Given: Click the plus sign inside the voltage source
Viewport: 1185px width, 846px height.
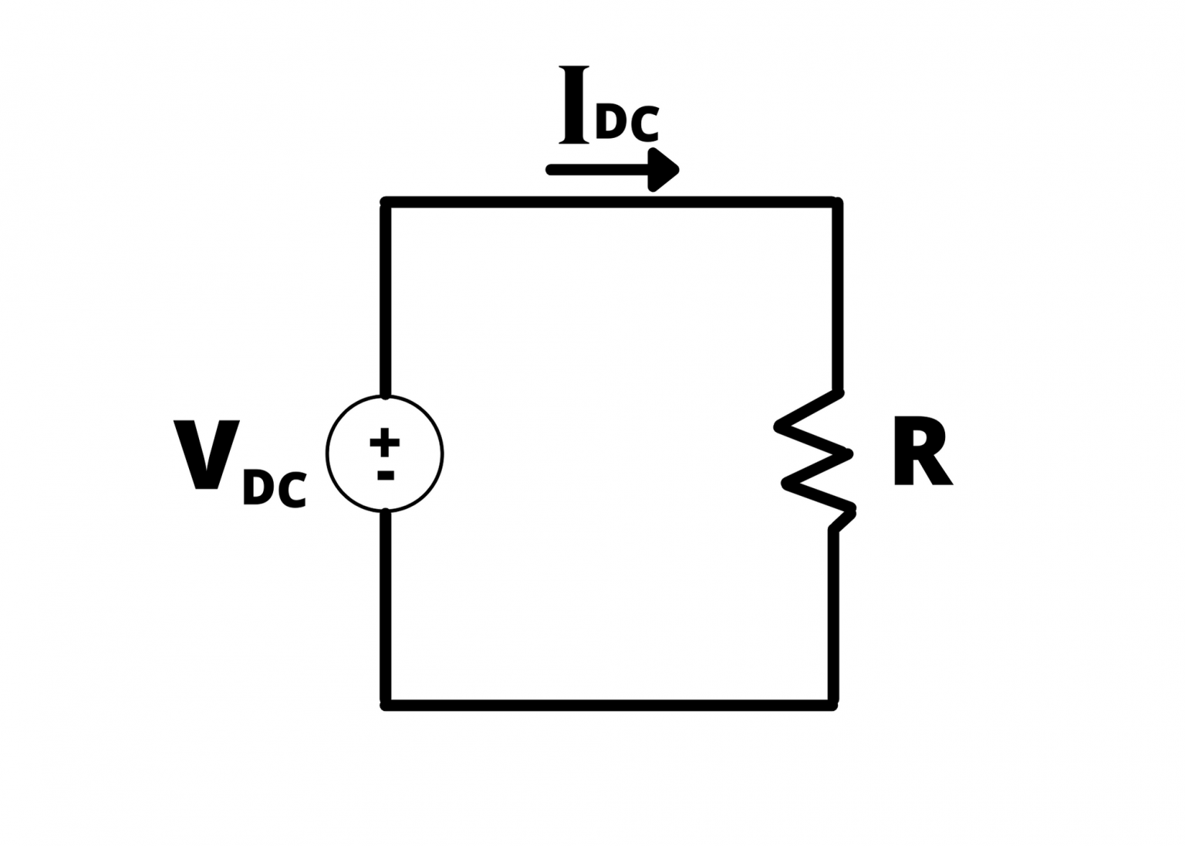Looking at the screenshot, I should [384, 442].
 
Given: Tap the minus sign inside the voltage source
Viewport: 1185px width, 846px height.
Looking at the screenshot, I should [385, 475].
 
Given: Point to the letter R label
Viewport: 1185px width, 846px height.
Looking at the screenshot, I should [922, 451].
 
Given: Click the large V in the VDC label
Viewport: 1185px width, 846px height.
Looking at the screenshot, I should [206, 454].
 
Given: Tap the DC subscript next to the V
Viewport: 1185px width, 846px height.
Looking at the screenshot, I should [275, 488].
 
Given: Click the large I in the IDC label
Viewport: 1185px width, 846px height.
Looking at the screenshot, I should [573, 104].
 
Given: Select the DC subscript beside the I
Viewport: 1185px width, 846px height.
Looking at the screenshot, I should [627, 123].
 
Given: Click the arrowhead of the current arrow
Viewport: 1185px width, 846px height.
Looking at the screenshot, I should [662, 170].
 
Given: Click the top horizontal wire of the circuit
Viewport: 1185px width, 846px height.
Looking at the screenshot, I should [609, 202].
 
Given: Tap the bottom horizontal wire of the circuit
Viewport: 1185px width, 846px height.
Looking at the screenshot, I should [609, 706].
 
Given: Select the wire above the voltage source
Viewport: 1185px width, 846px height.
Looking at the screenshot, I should [386, 301].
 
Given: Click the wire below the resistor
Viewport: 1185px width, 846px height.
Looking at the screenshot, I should [833, 617].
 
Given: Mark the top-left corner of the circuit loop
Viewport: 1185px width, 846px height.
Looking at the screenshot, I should [386, 203].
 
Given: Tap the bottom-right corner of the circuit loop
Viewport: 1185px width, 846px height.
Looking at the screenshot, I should [833, 705].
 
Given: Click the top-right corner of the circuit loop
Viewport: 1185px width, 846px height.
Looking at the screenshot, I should [837, 203].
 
